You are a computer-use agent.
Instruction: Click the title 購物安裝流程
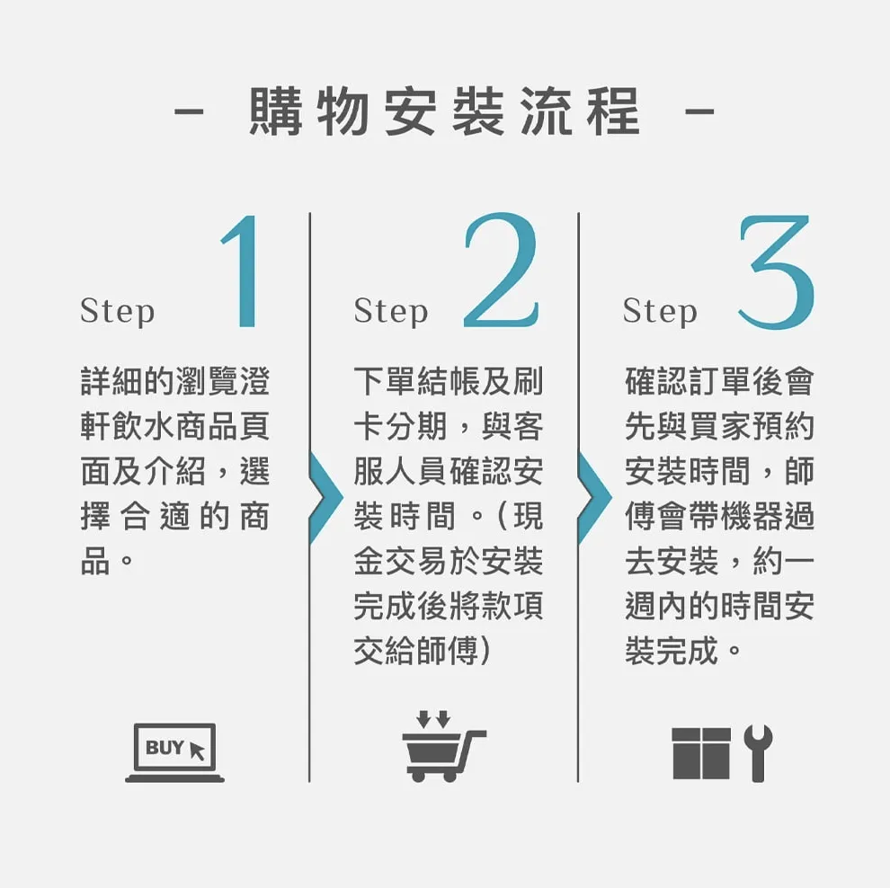pos(445,111)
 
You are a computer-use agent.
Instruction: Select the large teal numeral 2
pos(502,271)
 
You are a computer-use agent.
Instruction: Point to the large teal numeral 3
pos(777,271)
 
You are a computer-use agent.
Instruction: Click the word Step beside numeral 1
pos(118,312)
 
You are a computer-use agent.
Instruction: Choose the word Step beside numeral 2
pos(391,312)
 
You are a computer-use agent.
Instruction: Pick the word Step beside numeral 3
pos(660,312)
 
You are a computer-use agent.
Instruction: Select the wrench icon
pos(759,753)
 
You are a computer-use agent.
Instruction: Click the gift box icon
pos(701,753)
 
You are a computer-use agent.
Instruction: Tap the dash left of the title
pos(189,111)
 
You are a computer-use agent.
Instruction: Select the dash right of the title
pos(699,111)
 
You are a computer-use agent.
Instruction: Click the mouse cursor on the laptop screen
pos(196,750)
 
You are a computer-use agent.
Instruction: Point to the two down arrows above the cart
pos(433,719)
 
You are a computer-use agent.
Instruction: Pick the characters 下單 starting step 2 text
pos(385,381)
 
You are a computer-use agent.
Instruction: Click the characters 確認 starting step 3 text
pos(656,381)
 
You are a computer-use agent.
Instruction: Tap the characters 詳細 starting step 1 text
pos(111,381)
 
